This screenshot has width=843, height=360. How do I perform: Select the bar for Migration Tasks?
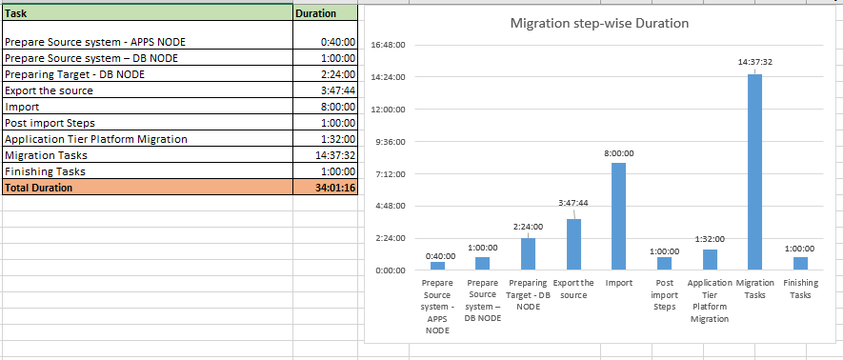[x=754, y=171]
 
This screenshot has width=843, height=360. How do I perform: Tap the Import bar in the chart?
[x=618, y=216]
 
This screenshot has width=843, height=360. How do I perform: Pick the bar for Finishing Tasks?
[x=800, y=263]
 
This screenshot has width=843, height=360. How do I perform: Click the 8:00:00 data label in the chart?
[x=619, y=152]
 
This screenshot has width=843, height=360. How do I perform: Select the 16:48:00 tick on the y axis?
[x=388, y=45]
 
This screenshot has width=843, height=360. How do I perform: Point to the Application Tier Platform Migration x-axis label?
[x=709, y=301]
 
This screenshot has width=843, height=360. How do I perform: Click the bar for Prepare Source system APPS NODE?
[x=437, y=266]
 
